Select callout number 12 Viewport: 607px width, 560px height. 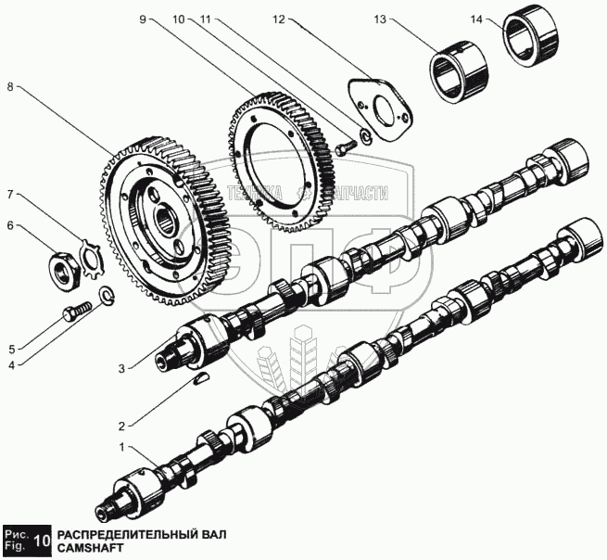tap(278, 18)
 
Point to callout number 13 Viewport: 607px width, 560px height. tap(405, 18)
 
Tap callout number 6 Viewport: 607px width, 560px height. tap(11, 224)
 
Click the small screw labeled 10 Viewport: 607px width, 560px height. tap(345, 146)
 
